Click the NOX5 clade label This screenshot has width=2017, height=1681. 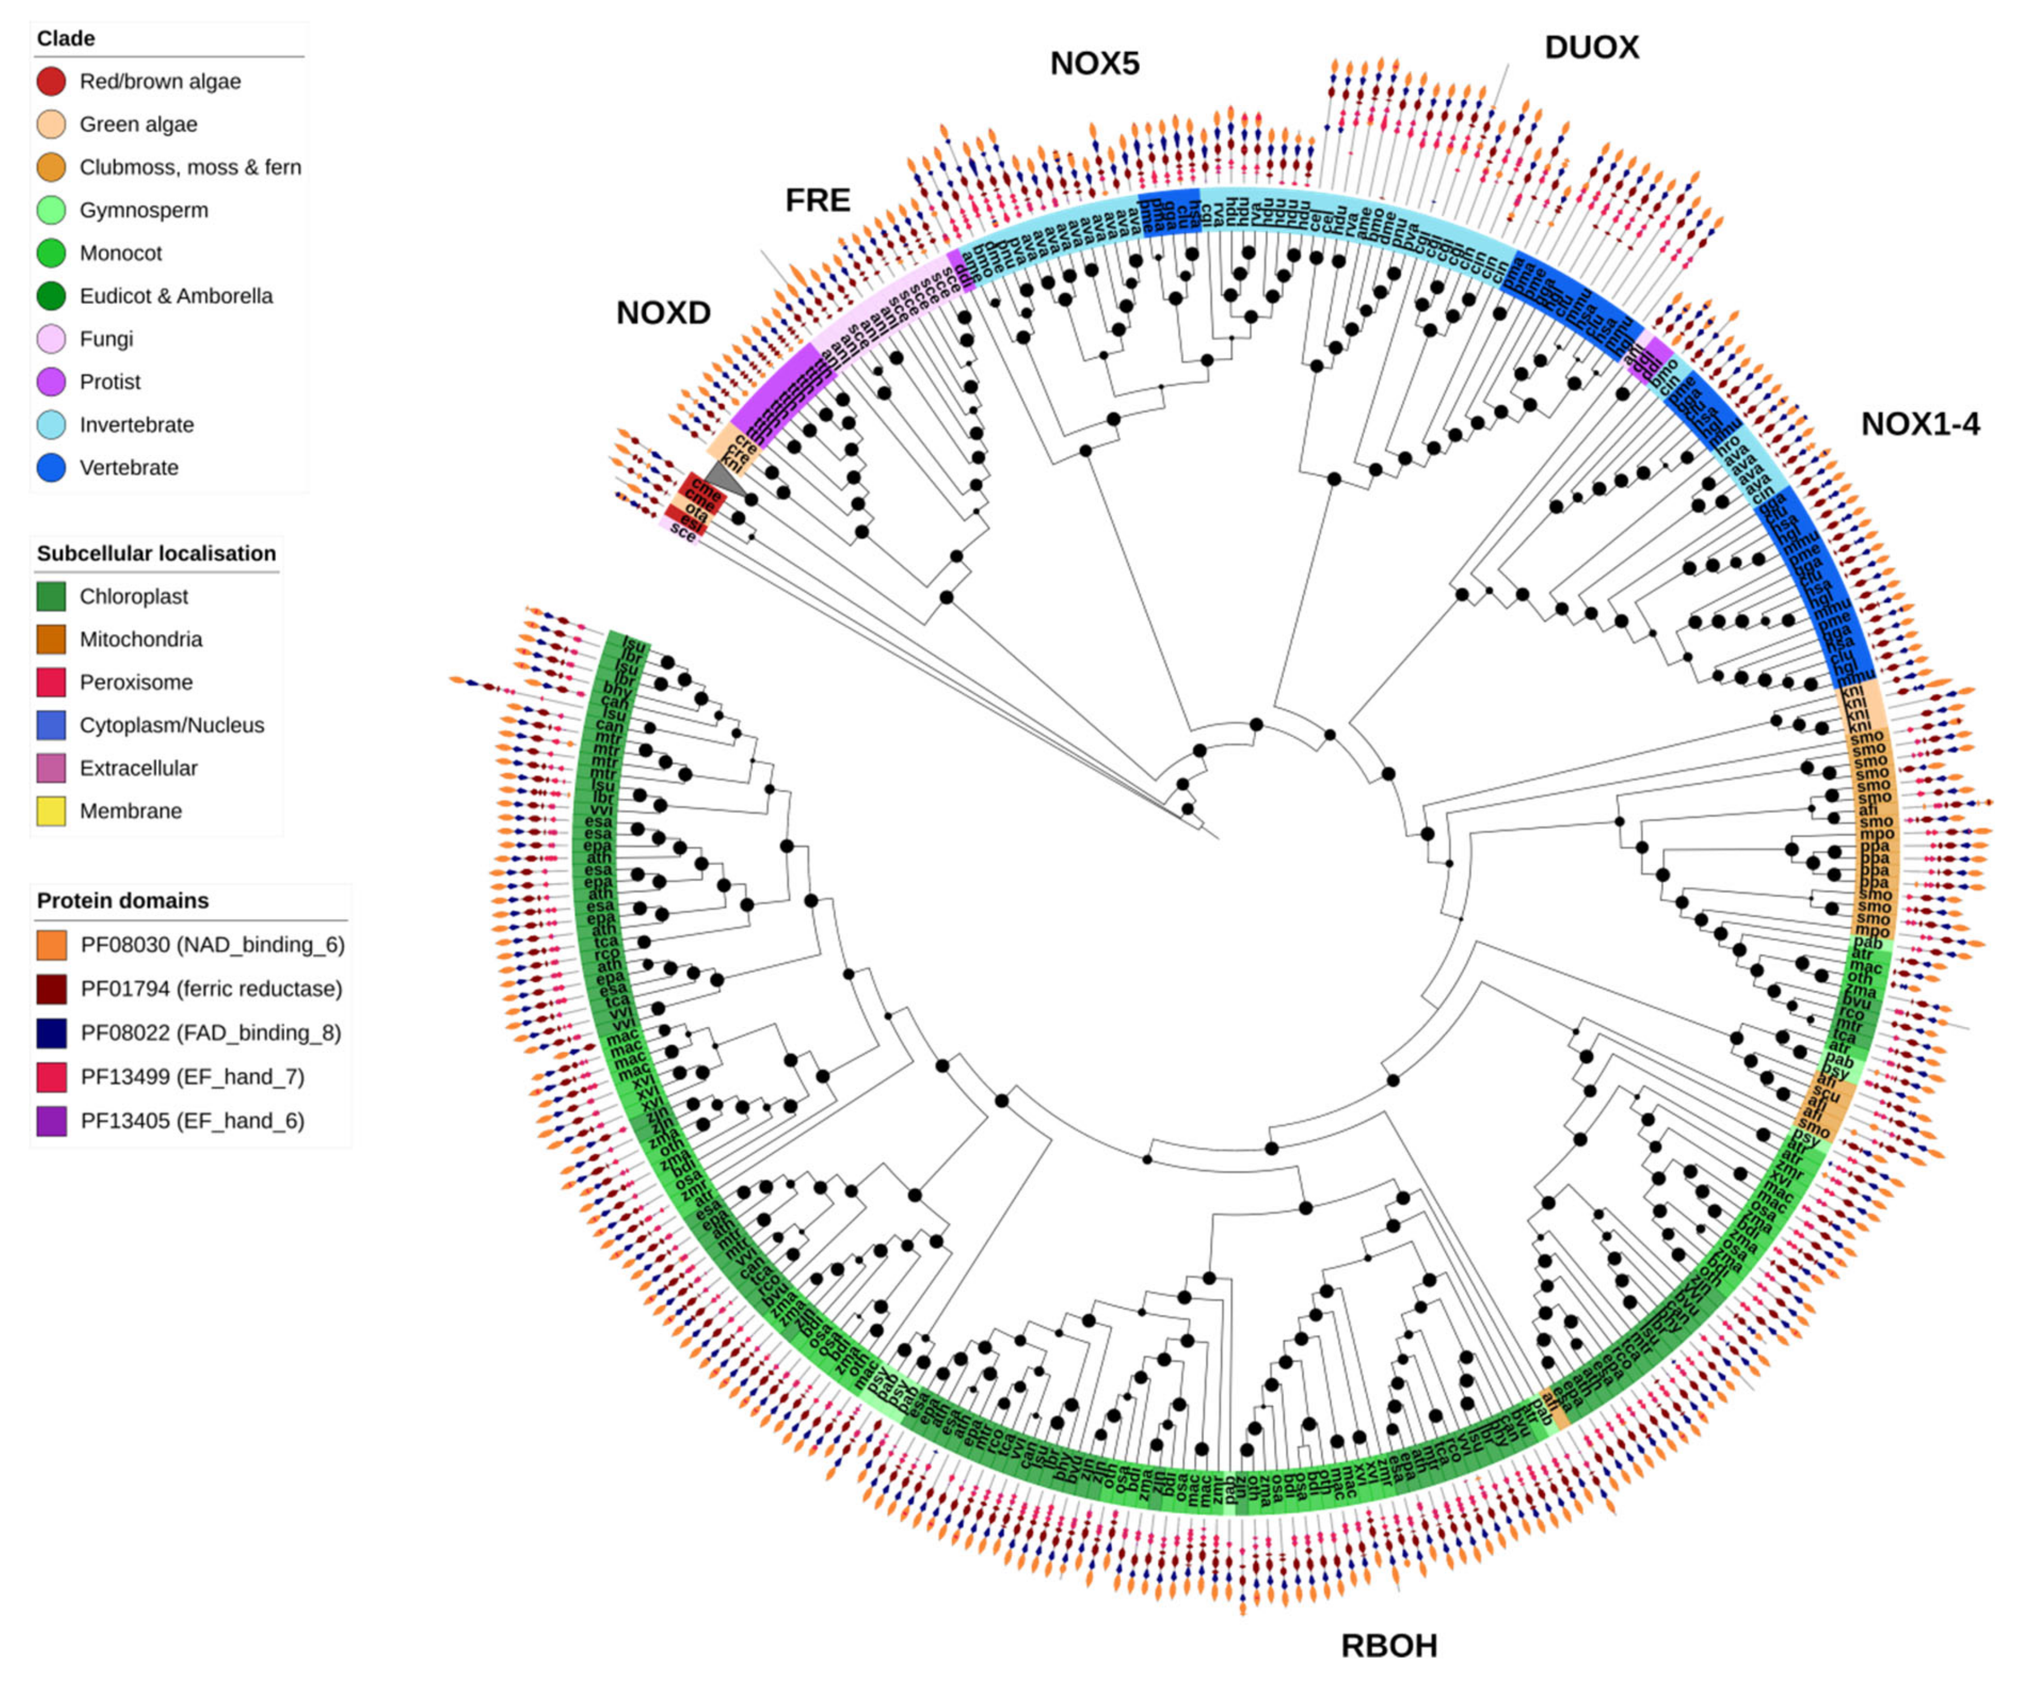(1094, 63)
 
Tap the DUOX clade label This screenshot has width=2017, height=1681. (1591, 47)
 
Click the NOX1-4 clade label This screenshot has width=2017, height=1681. (1920, 424)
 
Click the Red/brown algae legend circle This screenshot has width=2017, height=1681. (51, 82)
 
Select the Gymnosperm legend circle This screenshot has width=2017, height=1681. (51, 210)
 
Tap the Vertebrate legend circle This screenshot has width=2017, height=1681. (51, 468)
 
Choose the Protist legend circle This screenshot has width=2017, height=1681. (51, 382)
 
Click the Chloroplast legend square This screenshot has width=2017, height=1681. (51, 596)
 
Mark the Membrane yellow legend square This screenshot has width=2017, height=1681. (51, 812)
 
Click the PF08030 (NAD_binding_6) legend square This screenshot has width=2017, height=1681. (51, 945)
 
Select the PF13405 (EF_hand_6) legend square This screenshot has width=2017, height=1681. (51, 1121)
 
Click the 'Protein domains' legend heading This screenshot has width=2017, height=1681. (122, 901)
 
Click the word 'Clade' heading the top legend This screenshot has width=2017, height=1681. (65, 39)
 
